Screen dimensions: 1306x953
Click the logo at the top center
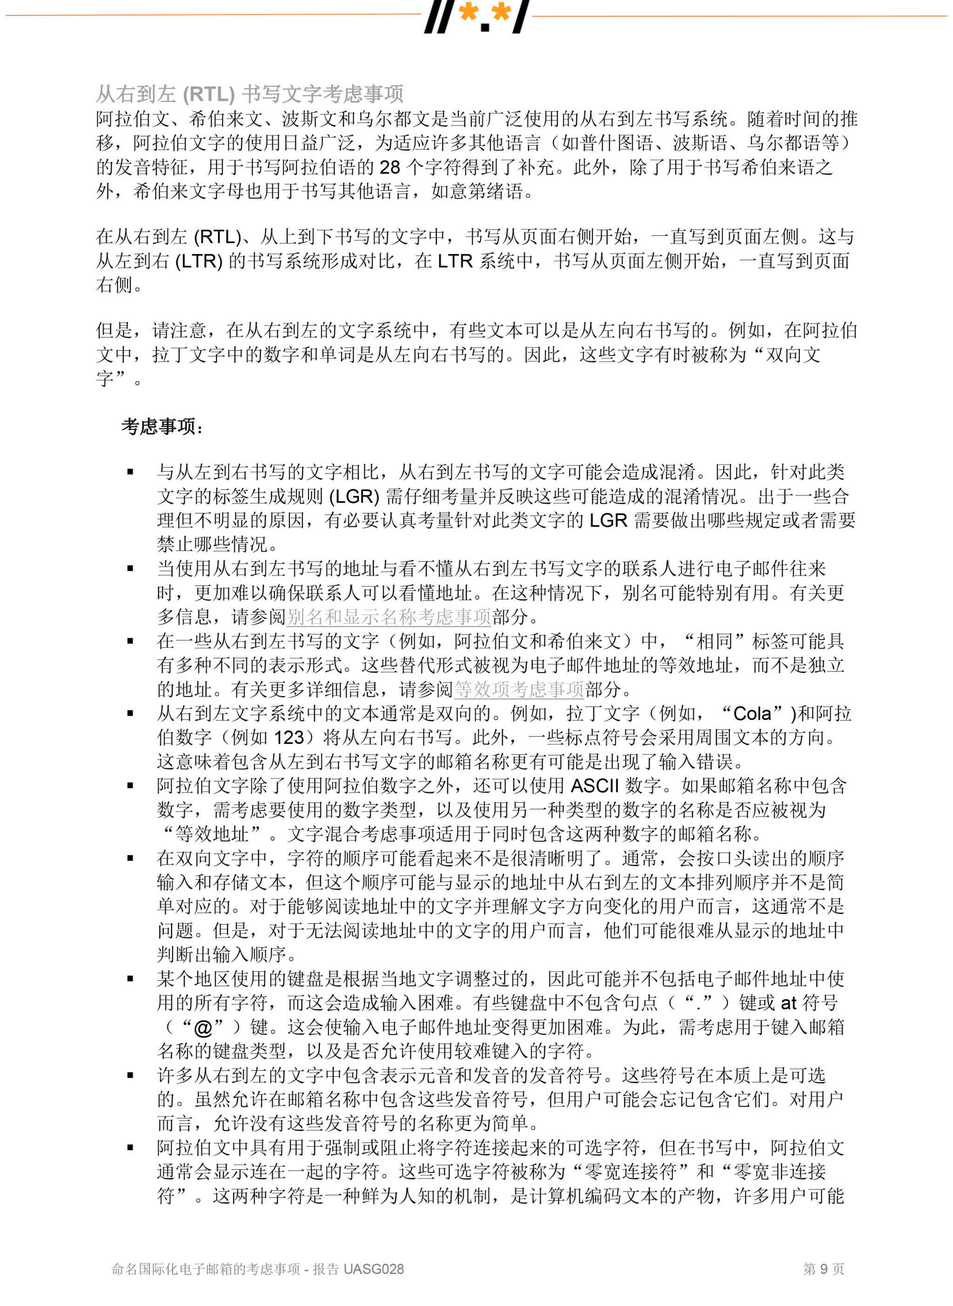476,16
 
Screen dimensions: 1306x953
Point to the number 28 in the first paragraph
389,167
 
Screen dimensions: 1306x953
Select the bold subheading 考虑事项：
162,426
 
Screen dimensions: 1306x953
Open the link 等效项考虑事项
519,690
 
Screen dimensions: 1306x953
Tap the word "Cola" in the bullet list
752,714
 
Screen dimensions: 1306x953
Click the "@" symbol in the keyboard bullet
203,1027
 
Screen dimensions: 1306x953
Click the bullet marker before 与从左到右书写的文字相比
130,472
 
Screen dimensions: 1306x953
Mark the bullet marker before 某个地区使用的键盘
130,979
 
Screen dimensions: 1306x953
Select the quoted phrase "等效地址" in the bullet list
212,834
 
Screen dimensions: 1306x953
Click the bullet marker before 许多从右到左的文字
130,1075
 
